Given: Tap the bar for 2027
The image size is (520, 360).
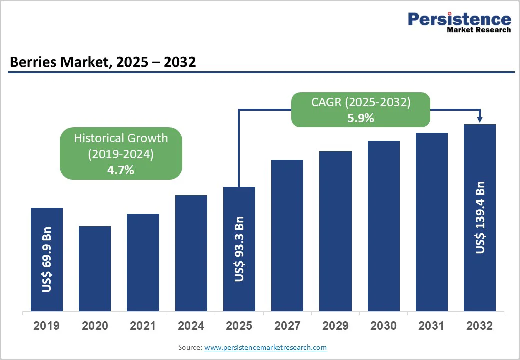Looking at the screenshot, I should click(x=287, y=235).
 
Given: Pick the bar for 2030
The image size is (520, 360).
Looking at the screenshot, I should click(x=384, y=226).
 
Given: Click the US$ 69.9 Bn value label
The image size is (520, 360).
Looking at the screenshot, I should click(x=47, y=260).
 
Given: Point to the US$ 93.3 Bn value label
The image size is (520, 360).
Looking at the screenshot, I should click(x=239, y=249).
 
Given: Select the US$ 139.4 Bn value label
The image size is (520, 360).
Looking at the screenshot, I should click(x=480, y=217).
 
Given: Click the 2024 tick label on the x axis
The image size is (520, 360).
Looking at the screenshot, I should click(x=191, y=326).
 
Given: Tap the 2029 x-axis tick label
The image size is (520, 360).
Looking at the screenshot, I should click(x=335, y=326).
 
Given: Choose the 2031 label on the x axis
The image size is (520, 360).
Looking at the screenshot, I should click(x=431, y=326).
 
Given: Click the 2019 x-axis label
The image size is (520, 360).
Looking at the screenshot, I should click(x=46, y=326).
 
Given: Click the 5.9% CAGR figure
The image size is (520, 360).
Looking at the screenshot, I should click(x=361, y=118).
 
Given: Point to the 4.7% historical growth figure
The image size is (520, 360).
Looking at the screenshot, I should click(x=121, y=170).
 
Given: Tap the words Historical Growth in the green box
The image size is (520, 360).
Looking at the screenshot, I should click(x=121, y=138).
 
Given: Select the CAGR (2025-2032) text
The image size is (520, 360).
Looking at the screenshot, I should click(x=361, y=103).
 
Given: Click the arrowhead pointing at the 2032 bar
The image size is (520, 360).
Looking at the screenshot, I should click(x=480, y=119).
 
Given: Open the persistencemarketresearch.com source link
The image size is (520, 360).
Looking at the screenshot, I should click(x=265, y=347).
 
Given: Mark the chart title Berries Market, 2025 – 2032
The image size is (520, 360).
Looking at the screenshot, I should click(x=103, y=62).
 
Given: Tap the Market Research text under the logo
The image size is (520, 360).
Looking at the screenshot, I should click(x=479, y=30).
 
